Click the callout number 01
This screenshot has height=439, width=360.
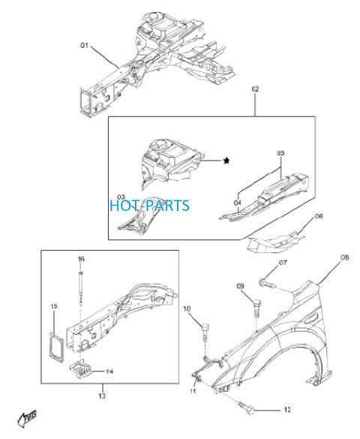[x=84, y=45]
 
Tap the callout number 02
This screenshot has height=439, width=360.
[x=255, y=89]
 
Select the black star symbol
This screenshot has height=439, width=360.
[x=226, y=161]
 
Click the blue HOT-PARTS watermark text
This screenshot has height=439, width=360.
[x=150, y=205]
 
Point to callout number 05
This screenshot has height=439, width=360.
[x=280, y=153]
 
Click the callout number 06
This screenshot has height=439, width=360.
[x=319, y=216]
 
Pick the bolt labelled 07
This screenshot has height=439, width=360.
[x=268, y=283]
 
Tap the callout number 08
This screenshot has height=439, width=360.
[x=344, y=257]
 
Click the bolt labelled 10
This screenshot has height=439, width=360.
[x=205, y=332]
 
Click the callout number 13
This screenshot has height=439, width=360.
[x=102, y=396]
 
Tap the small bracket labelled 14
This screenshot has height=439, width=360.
[x=82, y=369]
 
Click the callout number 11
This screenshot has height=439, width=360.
[x=193, y=391]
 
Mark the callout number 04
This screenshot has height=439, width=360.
[x=238, y=203]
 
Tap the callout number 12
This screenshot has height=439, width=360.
[x=287, y=410]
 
